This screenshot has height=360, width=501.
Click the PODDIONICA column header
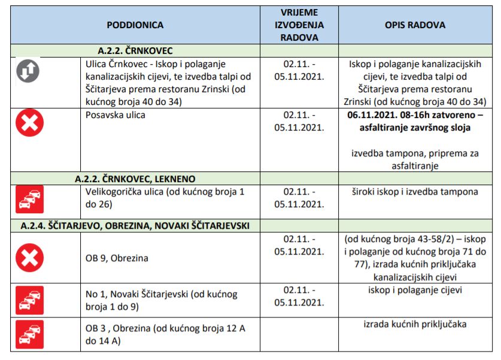[x=135, y=25]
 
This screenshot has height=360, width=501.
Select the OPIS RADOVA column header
[x=415, y=25]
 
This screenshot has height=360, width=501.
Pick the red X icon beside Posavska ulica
[x=29, y=124]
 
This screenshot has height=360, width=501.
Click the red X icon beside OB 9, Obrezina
[x=29, y=258]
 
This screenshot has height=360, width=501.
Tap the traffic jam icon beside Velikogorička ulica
[x=29, y=199]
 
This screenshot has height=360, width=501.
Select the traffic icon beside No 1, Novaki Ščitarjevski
[x=29, y=300]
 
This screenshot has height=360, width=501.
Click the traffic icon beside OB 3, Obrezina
[x=29, y=334]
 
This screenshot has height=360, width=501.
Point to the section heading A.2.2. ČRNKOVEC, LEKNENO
[x=135, y=179]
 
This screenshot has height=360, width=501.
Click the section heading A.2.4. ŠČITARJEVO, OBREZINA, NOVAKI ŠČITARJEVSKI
[x=135, y=225]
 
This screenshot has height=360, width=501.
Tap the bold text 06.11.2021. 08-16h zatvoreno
[x=415, y=120]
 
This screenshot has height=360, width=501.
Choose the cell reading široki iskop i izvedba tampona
[x=415, y=192]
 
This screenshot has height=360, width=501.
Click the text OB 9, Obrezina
[x=117, y=258]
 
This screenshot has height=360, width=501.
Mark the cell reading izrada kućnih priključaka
[x=415, y=324]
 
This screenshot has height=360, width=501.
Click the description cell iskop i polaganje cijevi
[x=415, y=291]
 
